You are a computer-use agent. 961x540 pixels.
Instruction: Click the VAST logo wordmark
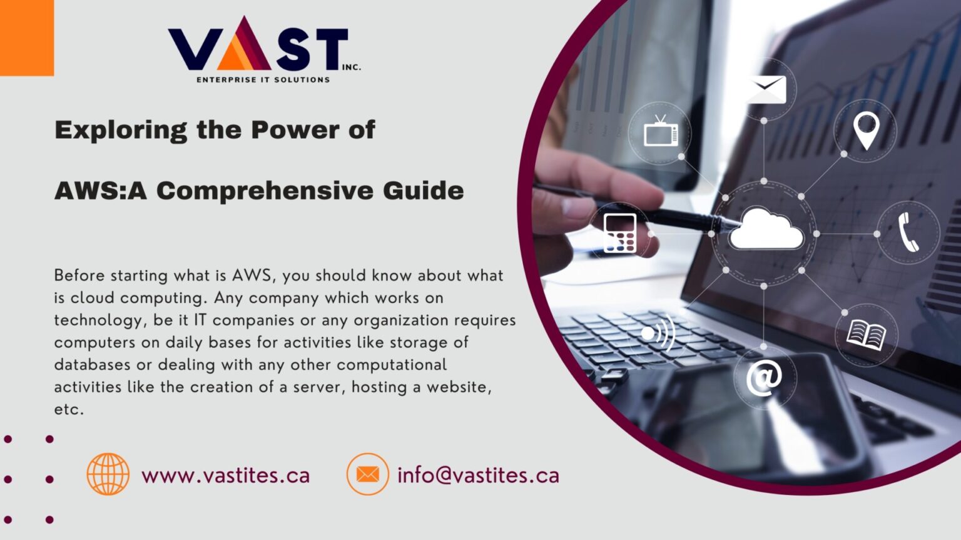pyautogui.click(x=258, y=45)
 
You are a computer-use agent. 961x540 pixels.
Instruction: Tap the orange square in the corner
pyautogui.click(x=26, y=37)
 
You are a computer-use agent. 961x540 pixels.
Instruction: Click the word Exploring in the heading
pyautogui.click(x=121, y=130)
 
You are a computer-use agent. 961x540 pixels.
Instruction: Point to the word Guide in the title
pyautogui.click(x=423, y=191)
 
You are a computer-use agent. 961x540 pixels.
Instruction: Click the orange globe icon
pyautogui.click(x=108, y=474)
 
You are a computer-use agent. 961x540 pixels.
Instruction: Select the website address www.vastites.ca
pyautogui.click(x=225, y=476)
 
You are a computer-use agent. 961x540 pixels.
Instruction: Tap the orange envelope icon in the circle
pyautogui.click(x=367, y=474)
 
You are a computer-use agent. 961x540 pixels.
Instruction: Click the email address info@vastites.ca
pyautogui.click(x=478, y=476)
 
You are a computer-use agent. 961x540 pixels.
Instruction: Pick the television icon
pyautogui.click(x=661, y=132)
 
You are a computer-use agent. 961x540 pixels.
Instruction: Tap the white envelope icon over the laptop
pyautogui.click(x=766, y=89)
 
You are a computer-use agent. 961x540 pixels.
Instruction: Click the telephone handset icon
pyautogui.click(x=908, y=232)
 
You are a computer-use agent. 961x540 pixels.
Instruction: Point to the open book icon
pyautogui.click(x=866, y=334)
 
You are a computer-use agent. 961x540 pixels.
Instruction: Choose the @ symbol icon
pyautogui.click(x=764, y=378)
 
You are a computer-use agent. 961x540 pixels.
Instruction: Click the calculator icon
pyautogui.click(x=620, y=233)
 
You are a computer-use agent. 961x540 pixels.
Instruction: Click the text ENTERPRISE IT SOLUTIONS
pyautogui.click(x=263, y=80)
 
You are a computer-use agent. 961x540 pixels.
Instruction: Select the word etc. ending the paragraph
pyautogui.click(x=69, y=410)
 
